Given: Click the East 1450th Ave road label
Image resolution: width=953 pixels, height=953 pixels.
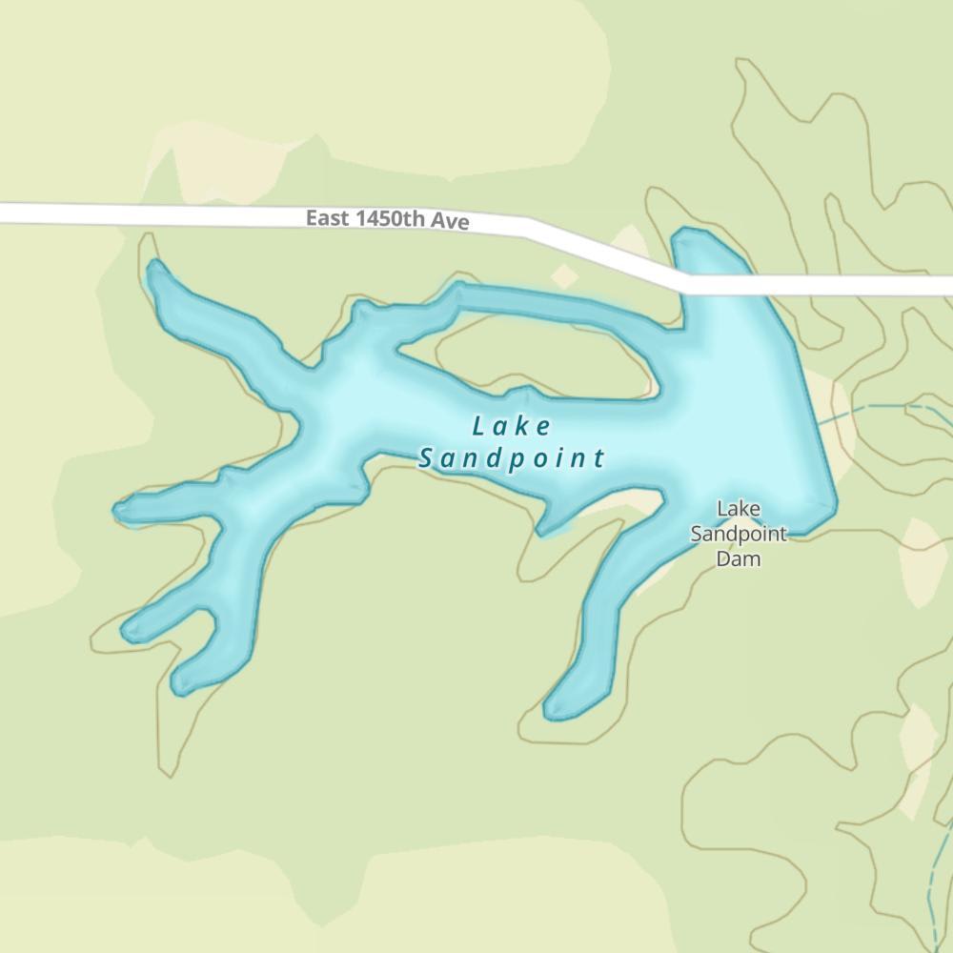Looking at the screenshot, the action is (387, 219).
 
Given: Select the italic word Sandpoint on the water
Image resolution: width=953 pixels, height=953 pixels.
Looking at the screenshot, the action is (512, 458).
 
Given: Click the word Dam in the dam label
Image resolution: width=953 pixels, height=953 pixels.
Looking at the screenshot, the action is (739, 558).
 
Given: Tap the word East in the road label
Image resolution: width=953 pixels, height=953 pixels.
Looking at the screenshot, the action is (327, 218).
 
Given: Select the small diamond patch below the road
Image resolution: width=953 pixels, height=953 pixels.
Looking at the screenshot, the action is (565, 276).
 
